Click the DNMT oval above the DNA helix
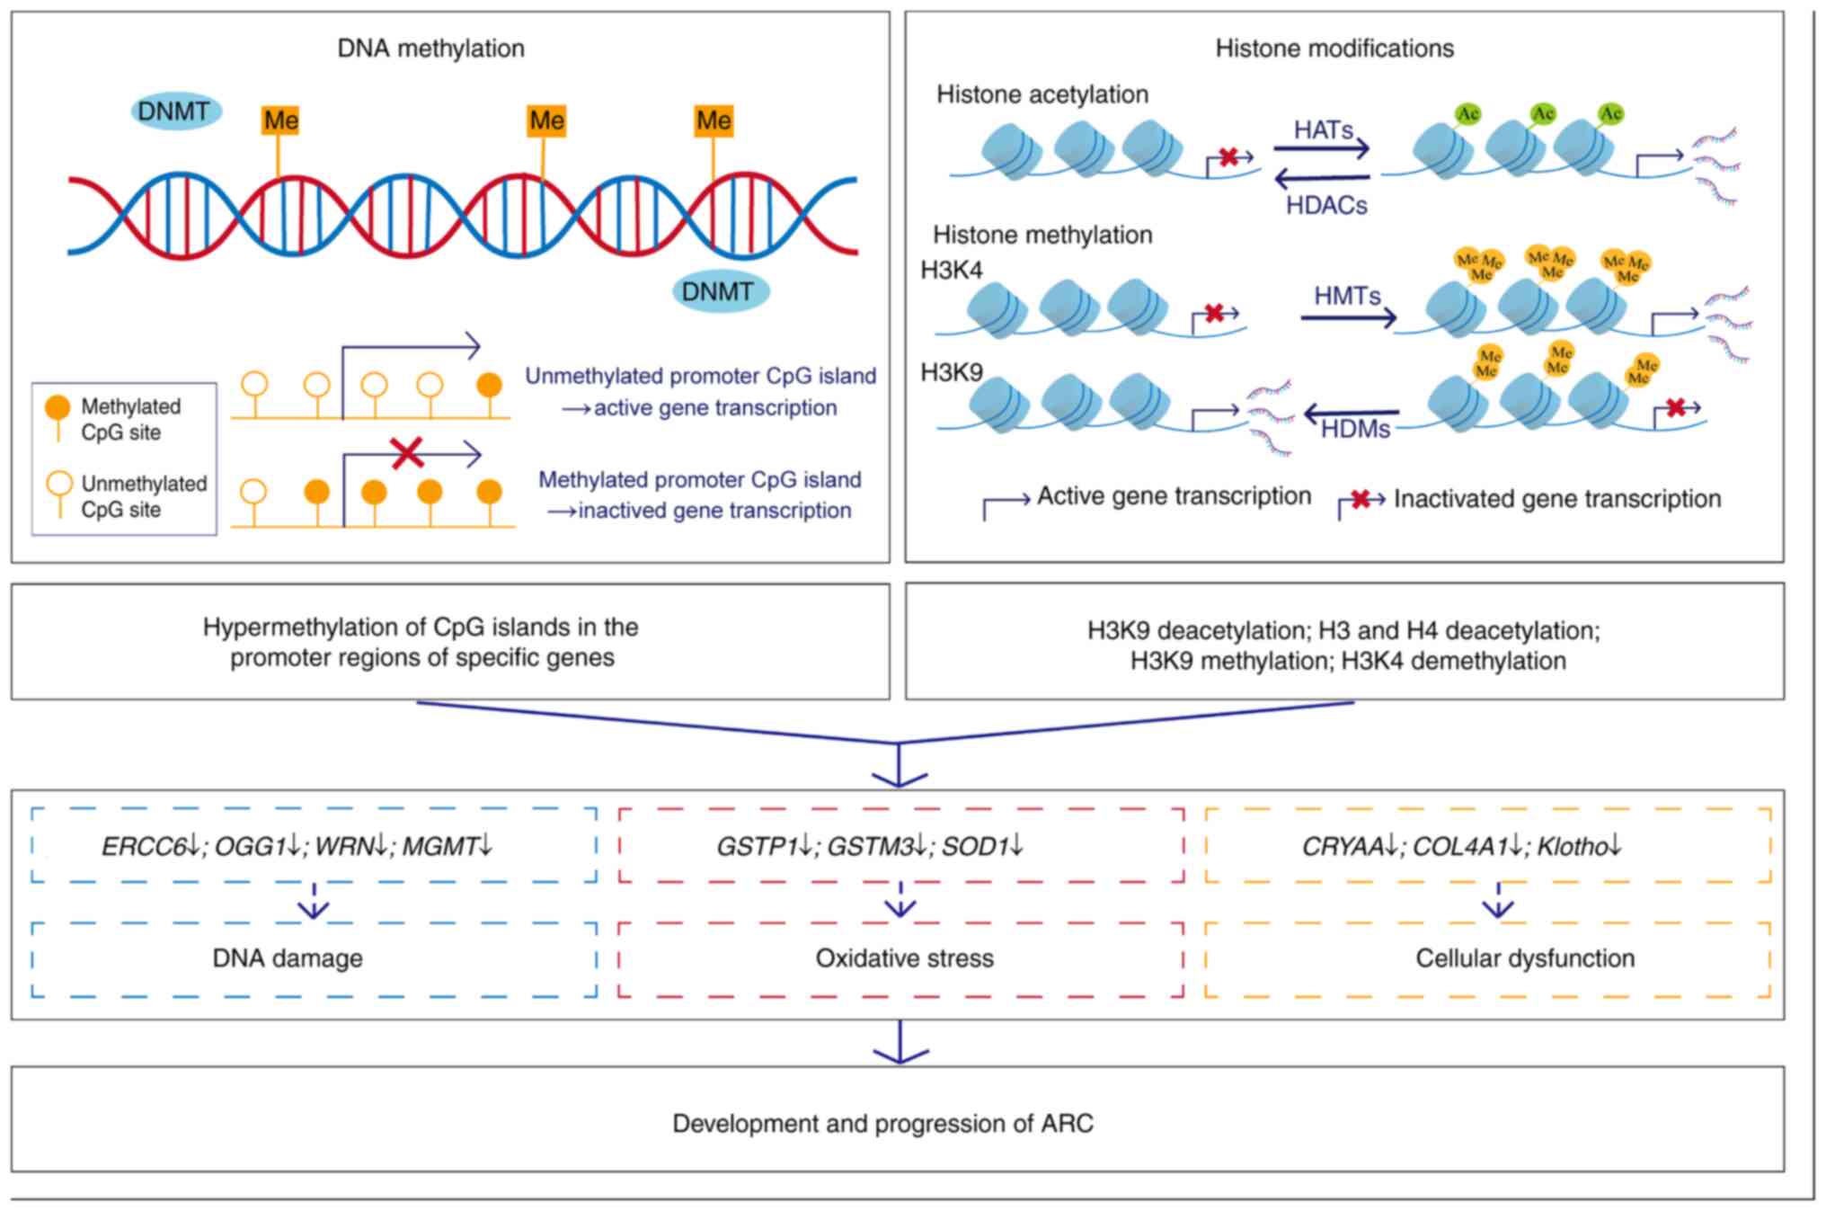(x=174, y=111)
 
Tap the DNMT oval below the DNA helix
(x=719, y=291)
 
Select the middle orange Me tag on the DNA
(x=546, y=120)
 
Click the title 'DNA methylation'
(x=430, y=49)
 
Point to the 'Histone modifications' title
(x=1334, y=49)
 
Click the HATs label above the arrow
(x=1323, y=130)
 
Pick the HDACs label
(x=1326, y=206)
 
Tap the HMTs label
(x=1347, y=296)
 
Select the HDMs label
(x=1355, y=430)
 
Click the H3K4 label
(x=952, y=270)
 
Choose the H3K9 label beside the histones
(x=952, y=372)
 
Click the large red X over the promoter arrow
(x=407, y=452)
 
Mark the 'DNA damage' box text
(x=288, y=958)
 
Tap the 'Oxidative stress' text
(x=904, y=958)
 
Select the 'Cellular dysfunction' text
(x=1525, y=958)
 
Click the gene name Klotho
(x=1572, y=847)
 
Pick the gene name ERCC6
(x=143, y=847)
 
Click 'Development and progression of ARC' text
(x=882, y=1124)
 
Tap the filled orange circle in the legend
(x=58, y=407)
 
